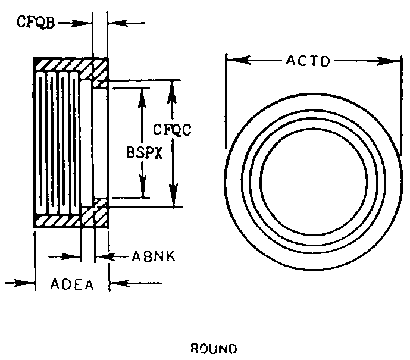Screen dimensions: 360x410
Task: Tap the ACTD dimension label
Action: click(308, 61)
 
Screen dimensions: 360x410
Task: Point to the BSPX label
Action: click(142, 152)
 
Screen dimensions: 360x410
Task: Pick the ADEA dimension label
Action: click(72, 284)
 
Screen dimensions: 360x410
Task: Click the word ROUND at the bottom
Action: click(212, 348)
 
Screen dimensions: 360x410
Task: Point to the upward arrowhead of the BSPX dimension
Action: click(142, 92)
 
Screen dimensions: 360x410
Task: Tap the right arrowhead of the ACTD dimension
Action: click(388, 60)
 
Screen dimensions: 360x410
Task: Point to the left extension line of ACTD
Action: click(226, 101)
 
